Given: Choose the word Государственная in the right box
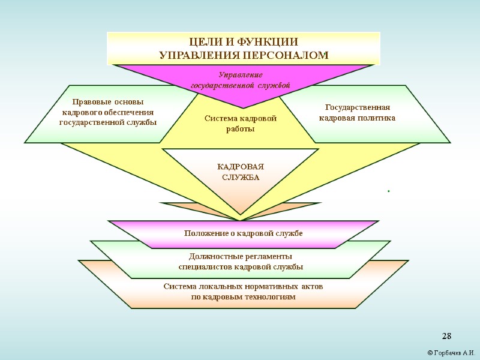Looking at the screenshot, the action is pyautogui.click(x=357, y=107).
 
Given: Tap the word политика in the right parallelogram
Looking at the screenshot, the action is pyautogui.click(x=377, y=118).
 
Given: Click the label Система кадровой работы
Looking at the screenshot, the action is pyautogui.click(x=240, y=124).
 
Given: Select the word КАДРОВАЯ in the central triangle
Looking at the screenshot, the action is pyautogui.click(x=240, y=166).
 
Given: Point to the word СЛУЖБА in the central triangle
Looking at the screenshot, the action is pyautogui.click(x=240, y=177).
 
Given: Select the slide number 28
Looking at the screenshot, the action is pyautogui.click(x=446, y=335).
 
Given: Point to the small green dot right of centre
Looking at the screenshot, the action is pyautogui.click(x=389, y=191).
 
